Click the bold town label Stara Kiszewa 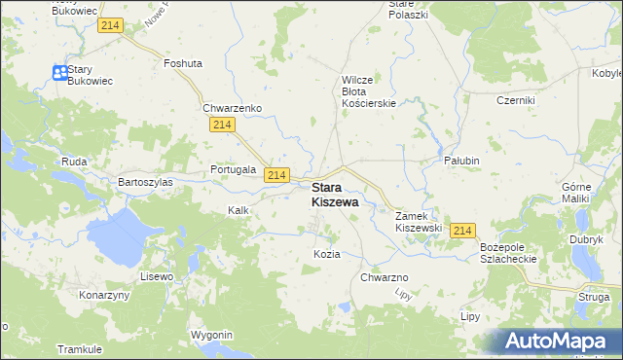334,195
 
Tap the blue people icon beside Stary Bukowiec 59,72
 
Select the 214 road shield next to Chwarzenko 222,126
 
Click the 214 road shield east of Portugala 277,174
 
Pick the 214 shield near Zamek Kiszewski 462,231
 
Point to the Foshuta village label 183,63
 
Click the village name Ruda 75,162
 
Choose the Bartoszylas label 145,182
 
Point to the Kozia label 326,254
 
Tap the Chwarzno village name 384,278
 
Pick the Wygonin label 212,335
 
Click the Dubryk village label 587,238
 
